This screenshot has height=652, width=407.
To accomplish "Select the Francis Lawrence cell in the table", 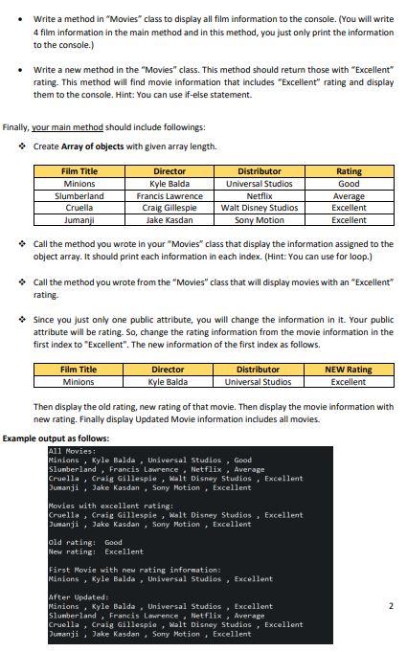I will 170,195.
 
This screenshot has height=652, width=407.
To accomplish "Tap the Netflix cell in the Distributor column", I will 259,195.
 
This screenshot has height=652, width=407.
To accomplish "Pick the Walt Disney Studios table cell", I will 259,207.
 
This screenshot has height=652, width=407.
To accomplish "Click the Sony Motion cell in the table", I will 259,219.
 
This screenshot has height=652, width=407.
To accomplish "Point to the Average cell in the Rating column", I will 349,195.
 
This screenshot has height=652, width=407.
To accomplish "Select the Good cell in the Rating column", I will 349,183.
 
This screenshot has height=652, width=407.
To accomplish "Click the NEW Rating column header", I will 349,369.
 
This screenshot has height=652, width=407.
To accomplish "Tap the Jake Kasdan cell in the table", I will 170,219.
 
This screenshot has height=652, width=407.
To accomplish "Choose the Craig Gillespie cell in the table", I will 170,207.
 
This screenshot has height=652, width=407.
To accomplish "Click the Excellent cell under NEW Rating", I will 349,381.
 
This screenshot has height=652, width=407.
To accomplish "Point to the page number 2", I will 391,605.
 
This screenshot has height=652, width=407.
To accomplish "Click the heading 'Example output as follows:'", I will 56,438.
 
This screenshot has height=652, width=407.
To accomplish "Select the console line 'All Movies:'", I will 72,450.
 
